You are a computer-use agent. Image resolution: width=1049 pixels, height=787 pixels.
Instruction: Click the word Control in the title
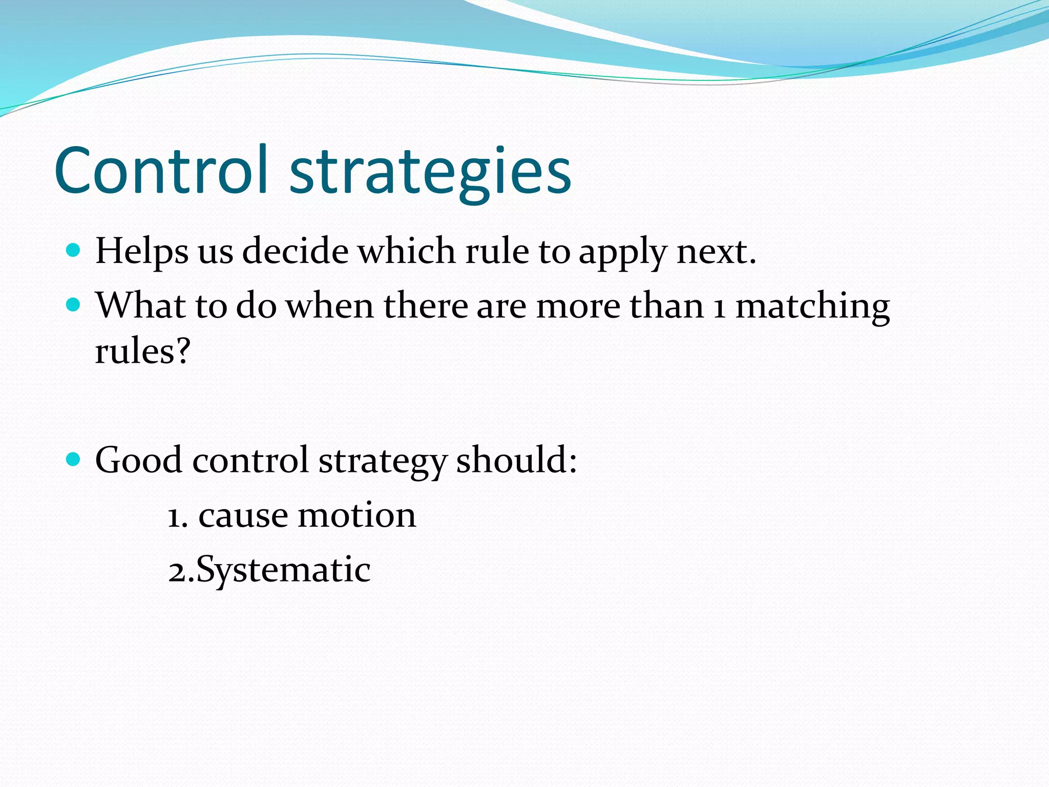tap(161, 170)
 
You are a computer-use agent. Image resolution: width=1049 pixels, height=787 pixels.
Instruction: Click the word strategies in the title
tap(430, 172)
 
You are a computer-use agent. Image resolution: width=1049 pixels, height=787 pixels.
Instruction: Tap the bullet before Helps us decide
tap(74, 251)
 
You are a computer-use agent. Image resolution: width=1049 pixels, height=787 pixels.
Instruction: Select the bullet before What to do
tap(74, 305)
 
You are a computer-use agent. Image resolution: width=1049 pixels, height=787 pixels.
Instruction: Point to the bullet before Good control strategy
tap(74, 459)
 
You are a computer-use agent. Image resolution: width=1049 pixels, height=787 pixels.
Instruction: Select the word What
tap(140, 306)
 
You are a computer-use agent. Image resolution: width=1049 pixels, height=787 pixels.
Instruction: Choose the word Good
tap(138, 460)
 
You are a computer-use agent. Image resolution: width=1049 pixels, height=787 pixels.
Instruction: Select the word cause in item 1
tap(243, 516)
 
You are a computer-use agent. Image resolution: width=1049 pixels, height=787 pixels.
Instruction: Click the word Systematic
tap(283, 570)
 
